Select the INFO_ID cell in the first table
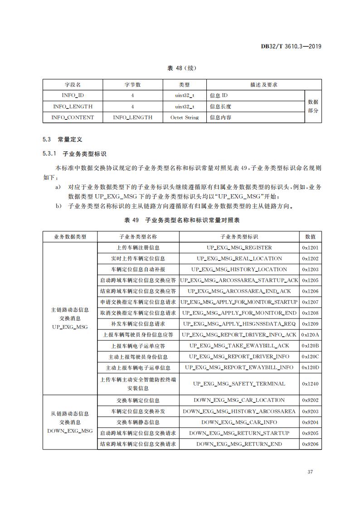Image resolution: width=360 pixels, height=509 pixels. coord(73,96)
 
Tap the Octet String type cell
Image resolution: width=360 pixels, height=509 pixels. coord(184,117)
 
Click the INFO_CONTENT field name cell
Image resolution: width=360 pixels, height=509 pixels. coord(73,117)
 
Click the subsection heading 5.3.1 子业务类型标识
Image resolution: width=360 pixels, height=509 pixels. coord(75,154)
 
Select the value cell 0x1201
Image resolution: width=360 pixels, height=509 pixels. coord(310,248)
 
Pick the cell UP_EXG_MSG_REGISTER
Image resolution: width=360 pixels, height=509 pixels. coord(239,248)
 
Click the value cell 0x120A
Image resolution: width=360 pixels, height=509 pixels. coord(310,335)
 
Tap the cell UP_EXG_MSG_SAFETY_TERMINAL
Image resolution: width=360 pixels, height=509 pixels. coord(239,384)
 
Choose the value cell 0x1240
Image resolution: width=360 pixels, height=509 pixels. coord(310,384)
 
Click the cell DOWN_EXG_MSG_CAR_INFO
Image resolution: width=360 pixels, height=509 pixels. coord(239,422)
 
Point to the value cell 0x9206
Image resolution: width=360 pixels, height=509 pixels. coord(310,444)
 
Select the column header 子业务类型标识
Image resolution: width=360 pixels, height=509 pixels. coord(239,237)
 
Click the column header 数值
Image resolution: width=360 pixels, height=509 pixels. coord(310,237)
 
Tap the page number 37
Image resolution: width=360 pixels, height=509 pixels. coord(310,472)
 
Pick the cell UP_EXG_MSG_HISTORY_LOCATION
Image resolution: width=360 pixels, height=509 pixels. coord(239,269)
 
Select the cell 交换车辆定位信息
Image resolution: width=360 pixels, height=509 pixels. coord(138,401)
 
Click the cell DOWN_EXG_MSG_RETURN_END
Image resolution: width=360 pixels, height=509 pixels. coord(239,444)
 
